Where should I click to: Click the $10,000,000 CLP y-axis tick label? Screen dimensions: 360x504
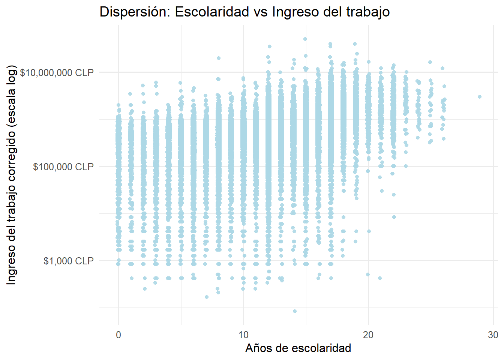[x=57, y=72]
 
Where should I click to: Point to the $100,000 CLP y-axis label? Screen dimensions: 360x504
[x=63, y=166]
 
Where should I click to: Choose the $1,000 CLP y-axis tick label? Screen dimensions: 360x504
[x=68, y=261]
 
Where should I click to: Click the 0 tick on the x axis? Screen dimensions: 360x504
[x=118, y=335]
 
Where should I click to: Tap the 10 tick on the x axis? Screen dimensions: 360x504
[x=243, y=335]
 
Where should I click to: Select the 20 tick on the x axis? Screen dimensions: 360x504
[x=368, y=335]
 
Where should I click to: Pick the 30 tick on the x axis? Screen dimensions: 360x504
[x=493, y=335]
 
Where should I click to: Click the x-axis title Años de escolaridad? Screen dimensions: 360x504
[x=298, y=348]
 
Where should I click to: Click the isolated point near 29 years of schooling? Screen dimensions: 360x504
[x=480, y=97]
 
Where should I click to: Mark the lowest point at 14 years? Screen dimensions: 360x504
[x=295, y=311]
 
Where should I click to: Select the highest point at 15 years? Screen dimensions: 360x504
[x=305, y=39]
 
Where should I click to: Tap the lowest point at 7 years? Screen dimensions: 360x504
[x=207, y=297]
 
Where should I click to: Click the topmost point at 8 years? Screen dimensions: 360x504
[x=219, y=58]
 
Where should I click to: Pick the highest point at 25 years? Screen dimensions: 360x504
[x=430, y=62]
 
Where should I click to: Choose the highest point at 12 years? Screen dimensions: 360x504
[x=269, y=46]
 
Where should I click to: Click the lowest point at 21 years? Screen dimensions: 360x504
[x=380, y=278]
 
